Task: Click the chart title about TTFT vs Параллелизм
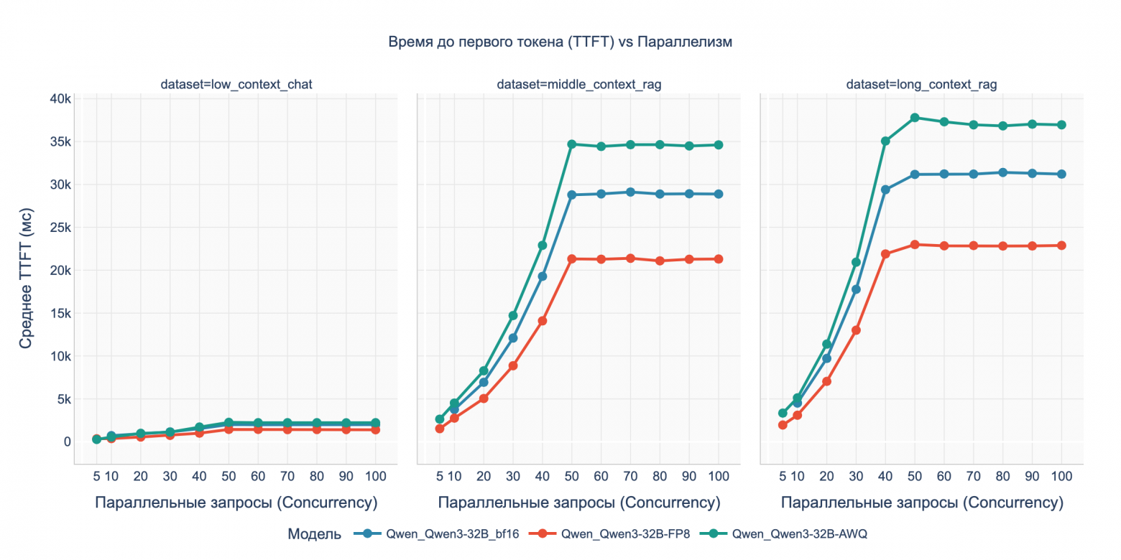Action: pos(560,42)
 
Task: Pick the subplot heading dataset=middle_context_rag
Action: pos(578,85)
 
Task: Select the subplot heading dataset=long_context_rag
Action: pos(921,85)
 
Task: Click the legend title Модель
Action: pos(310,533)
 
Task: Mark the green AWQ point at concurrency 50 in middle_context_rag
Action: pos(572,144)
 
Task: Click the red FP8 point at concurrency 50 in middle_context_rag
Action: pos(572,259)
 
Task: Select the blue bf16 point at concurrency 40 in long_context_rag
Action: pos(885,190)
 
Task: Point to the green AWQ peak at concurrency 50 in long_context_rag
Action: pos(915,118)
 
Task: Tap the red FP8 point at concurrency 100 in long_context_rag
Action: pos(1061,246)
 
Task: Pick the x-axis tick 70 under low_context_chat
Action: pos(287,476)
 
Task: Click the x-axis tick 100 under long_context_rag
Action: pos(1061,476)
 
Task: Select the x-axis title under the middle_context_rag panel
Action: pos(578,503)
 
